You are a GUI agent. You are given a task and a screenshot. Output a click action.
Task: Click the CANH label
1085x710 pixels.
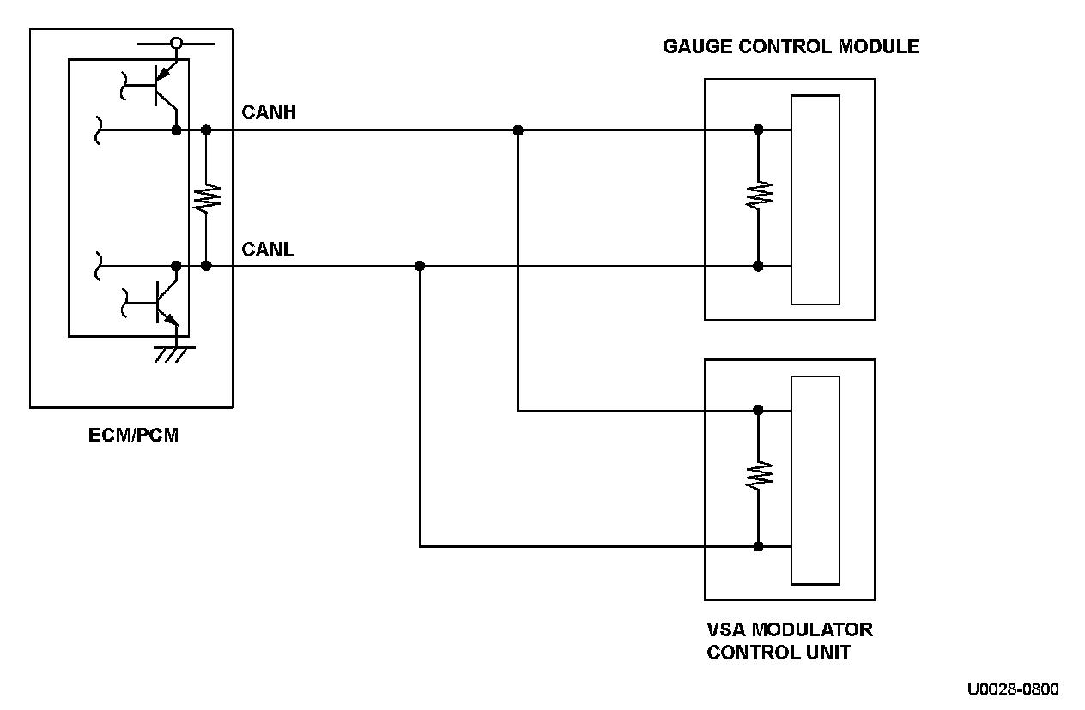tap(269, 112)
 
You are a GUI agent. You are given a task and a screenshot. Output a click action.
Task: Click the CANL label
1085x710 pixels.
tap(268, 250)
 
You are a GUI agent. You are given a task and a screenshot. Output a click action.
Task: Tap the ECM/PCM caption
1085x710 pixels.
tap(133, 435)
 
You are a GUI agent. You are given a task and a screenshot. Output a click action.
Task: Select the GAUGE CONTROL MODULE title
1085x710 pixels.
tap(791, 46)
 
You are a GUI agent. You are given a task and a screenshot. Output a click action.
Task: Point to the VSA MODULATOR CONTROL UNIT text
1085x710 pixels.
tap(789, 641)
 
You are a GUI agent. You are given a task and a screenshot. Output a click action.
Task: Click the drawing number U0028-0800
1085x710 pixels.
tap(1012, 689)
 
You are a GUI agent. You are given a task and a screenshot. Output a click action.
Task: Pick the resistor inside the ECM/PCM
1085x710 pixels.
tap(206, 197)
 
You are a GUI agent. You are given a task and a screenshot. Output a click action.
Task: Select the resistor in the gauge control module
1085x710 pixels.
tap(758, 195)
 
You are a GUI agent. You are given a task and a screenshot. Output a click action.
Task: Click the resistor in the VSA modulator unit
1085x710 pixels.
tap(758, 475)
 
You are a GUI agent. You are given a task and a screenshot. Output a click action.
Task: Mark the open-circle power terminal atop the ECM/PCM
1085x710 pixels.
tap(177, 42)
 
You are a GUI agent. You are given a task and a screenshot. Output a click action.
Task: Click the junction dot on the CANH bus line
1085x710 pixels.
tap(518, 130)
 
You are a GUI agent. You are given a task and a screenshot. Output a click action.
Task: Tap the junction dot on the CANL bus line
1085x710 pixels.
tap(420, 266)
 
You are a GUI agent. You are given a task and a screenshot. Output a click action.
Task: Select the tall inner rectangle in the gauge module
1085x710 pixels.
tap(815, 199)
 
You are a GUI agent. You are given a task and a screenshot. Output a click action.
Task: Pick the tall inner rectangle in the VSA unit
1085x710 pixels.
tap(815, 480)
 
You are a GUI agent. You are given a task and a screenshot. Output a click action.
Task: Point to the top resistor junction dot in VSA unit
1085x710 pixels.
tap(758, 410)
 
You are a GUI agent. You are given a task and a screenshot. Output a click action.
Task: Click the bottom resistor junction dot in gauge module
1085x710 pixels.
tap(758, 266)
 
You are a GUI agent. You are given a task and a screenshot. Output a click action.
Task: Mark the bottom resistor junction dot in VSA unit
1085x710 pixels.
tap(758, 546)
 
